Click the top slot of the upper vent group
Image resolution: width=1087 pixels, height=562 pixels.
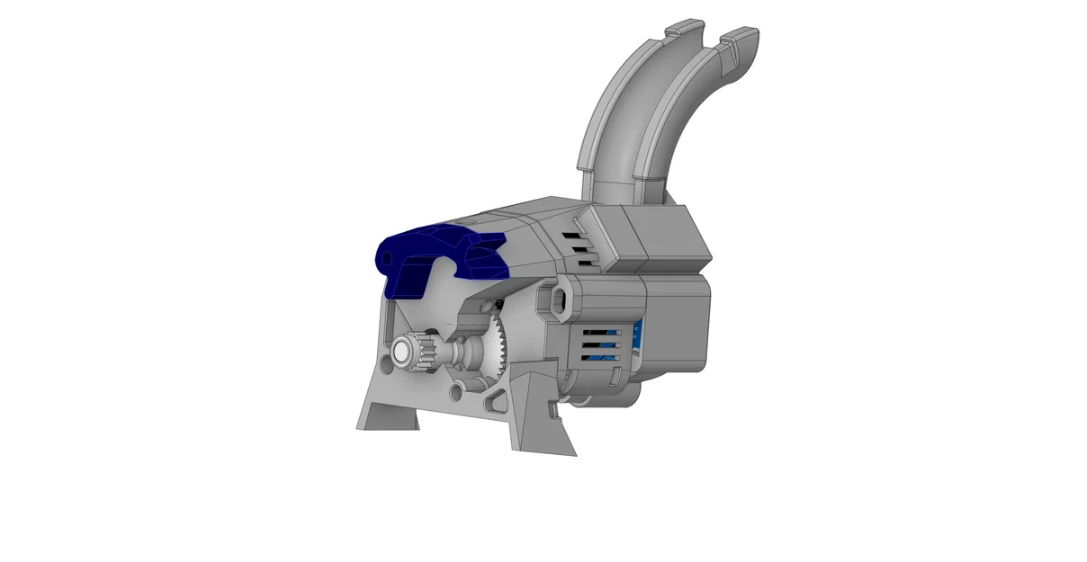click(574, 232)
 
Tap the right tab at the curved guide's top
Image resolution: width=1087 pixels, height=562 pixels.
click(741, 38)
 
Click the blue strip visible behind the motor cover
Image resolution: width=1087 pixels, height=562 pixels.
click(637, 342)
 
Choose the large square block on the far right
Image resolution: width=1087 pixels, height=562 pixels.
click(677, 319)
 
